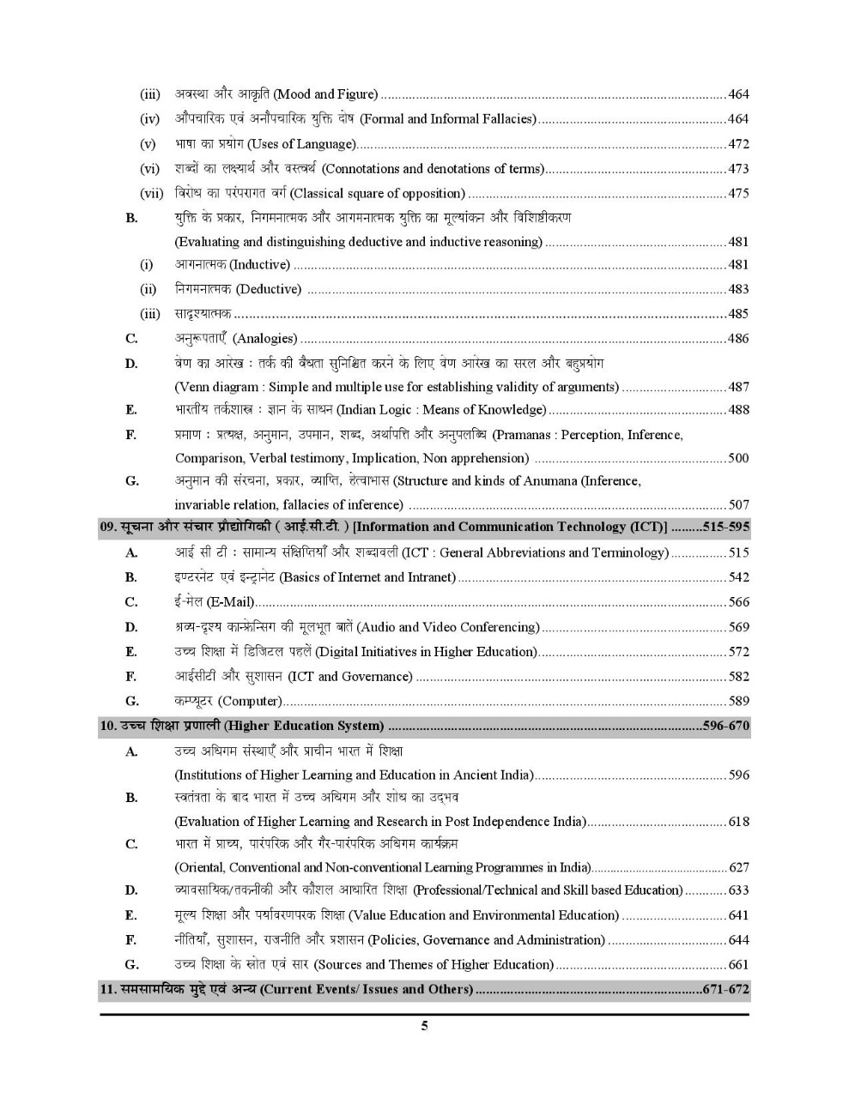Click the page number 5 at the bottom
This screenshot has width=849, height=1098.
pos(424,1026)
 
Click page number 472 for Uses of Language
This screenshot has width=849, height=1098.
pos(738,144)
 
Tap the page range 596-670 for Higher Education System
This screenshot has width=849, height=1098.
pos(725,727)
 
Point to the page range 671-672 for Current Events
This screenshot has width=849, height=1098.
pos(725,989)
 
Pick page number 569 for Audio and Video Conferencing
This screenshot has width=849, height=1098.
pos(738,627)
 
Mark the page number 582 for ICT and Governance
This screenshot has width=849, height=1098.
pos(738,677)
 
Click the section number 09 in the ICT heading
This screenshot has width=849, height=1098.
pos(107,528)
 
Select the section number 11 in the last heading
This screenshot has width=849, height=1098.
pos(107,989)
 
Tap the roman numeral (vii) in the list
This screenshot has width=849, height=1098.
pos(151,194)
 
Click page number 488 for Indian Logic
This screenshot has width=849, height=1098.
pos(738,410)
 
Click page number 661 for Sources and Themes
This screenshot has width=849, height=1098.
pos(738,965)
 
